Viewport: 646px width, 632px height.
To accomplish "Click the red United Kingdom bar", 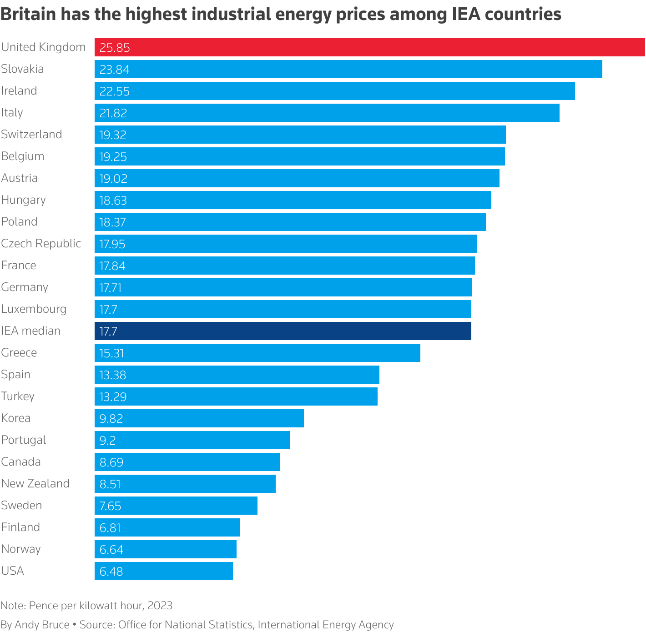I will point(369,47).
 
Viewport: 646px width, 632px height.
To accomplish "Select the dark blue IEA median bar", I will point(283,331).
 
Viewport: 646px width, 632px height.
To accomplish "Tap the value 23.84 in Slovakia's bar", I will point(115,70).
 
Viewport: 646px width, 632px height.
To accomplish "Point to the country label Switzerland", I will point(31,135).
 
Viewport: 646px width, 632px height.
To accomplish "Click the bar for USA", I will point(164,571).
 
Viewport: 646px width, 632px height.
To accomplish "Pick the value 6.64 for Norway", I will point(111,550).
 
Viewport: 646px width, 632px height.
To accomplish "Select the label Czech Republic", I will point(41,244).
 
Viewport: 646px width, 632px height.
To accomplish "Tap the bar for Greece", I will point(257,353).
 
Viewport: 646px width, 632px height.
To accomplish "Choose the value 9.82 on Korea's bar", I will point(111,419).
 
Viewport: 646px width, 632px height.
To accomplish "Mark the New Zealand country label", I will point(35,484).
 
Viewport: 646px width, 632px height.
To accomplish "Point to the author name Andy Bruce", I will point(42,625).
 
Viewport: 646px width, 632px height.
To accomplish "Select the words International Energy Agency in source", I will point(326,625).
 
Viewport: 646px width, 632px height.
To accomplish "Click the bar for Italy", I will point(327,113).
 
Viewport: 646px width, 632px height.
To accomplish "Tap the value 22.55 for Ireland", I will point(115,91).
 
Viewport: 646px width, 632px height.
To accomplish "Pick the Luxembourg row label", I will point(34,309).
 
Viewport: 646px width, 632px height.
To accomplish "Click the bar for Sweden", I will point(176,506).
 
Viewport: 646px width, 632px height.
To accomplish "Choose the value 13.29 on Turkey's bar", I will point(113,397).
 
